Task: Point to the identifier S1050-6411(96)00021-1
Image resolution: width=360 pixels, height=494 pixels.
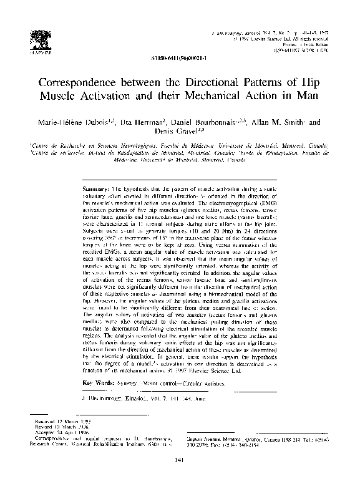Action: click(178, 56)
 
